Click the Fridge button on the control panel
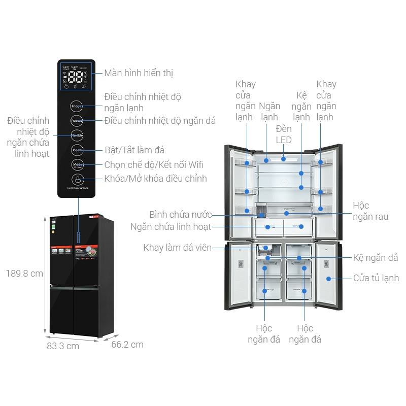pyautogui.click(x=77, y=107)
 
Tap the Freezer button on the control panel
pyautogui.click(x=77, y=121)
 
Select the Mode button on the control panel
pyautogui.click(x=77, y=165)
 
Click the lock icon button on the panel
pyautogui.click(x=77, y=179)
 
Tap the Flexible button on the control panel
pyautogui.click(x=77, y=136)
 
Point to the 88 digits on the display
pyautogui.click(x=75, y=78)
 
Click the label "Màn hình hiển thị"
pyautogui.click(x=139, y=73)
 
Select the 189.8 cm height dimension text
pyautogui.click(x=24, y=274)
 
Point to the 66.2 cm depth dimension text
pyautogui.click(x=127, y=345)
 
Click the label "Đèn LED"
pyautogui.click(x=284, y=134)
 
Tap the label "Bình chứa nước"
pyautogui.click(x=181, y=215)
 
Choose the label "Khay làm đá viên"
pyautogui.click(x=177, y=248)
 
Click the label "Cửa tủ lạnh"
pyautogui.click(x=376, y=278)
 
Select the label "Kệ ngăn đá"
pyautogui.click(x=376, y=258)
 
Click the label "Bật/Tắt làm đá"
pyautogui.click(x=134, y=150)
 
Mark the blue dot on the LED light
pyautogui.click(x=284, y=159)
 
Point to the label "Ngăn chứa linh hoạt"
pyautogui.click(x=171, y=227)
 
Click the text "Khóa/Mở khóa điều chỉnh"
pyautogui.click(x=155, y=179)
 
